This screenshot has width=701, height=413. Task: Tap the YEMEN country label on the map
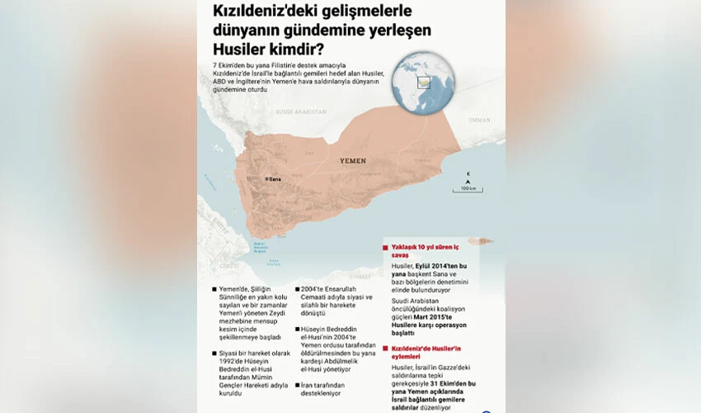tap(352, 161)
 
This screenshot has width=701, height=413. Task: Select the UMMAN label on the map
tap(478, 120)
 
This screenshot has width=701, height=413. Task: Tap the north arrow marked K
tap(468, 176)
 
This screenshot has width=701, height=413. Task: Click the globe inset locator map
tap(423, 83)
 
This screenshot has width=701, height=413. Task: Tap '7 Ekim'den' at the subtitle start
tap(231, 64)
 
